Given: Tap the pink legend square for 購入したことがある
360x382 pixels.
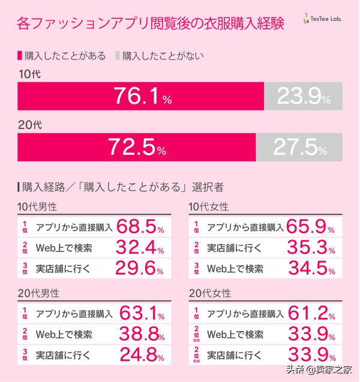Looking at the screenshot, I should click(x=20, y=56).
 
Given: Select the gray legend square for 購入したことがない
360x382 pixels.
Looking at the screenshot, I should click(x=116, y=56).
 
